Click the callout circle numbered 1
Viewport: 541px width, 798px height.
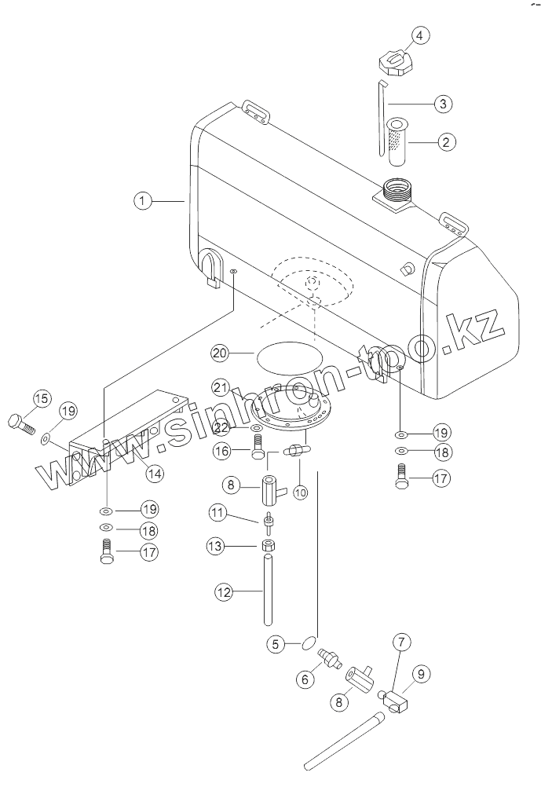(142, 201)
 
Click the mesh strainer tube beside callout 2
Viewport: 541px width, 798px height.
(396, 141)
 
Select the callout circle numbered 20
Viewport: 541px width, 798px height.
(220, 354)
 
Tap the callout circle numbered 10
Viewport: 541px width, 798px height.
(301, 492)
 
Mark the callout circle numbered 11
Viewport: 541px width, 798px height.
(217, 514)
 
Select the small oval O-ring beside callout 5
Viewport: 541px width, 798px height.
(306, 644)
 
